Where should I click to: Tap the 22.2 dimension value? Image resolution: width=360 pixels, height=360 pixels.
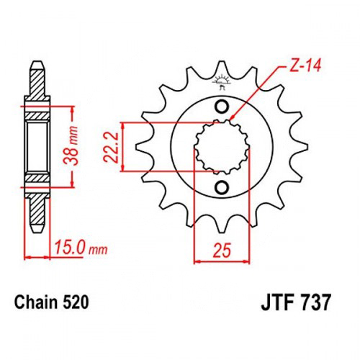(x=112, y=147)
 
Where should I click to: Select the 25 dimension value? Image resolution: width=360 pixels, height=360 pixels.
(x=222, y=250)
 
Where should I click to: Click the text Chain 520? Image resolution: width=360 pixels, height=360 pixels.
(x=52, y=302)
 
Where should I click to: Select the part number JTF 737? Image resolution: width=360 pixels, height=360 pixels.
(x=296, y=302)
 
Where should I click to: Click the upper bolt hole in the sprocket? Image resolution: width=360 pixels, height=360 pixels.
(x=222, y=107)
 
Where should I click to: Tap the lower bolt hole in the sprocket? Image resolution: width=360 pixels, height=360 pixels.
(x=222, y=187)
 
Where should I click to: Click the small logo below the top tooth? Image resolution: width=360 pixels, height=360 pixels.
(x=222, y=81)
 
